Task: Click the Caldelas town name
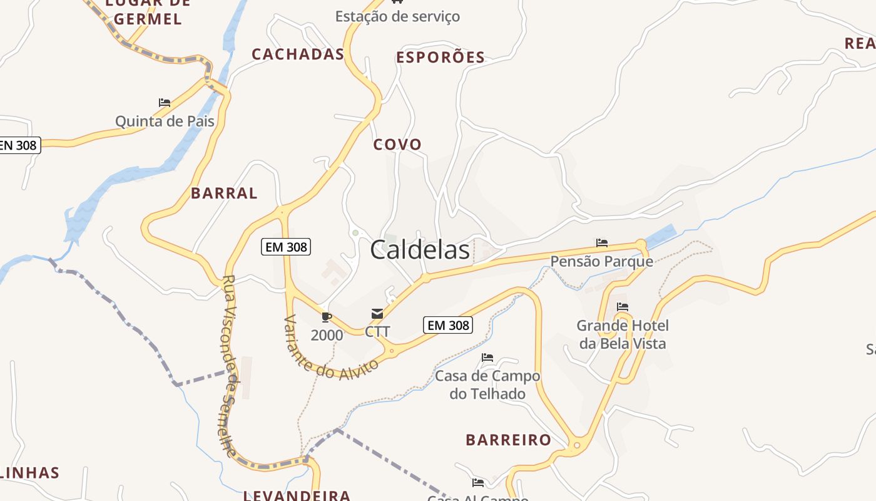[x=420, y=250]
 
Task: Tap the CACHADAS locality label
[x=298, y=54]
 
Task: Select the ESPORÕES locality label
[x=441, y=58]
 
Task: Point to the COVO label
[x=397, y=145]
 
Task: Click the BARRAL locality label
[x=224, y=194]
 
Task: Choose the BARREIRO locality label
[x=508, y=440]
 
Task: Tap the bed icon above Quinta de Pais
[x=165, y=102]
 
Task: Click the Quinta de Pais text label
[x=165, y=121]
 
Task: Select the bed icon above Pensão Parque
[x=602, y=242]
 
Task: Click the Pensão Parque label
[x=602, y=261]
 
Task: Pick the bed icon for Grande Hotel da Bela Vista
[x=623, y=307]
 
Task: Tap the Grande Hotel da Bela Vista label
[x=623, y=334]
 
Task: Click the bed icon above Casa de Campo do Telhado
[x=487, y=358]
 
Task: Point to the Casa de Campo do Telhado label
[x=487, y=385]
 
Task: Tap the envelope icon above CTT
[x=377, y=314]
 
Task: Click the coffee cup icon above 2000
[x=327, y=317]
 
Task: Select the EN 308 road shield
[x=19, y=145]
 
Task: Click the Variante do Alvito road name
[x=331, y=348]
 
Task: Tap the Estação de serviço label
[x=397, y=16]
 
